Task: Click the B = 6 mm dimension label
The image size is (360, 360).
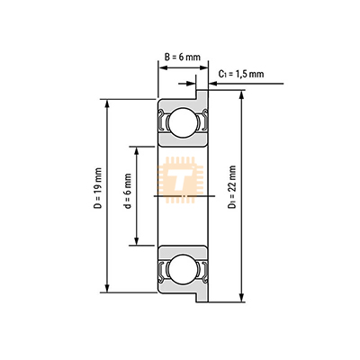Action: (182, 57)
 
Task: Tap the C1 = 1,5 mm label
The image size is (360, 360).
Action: (241, 74)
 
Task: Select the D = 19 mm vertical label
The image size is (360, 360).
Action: (98, 188)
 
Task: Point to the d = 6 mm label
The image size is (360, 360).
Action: (128, 191)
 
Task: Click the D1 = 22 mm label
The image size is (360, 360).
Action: (231, 187)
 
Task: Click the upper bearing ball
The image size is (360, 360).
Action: (184, 122)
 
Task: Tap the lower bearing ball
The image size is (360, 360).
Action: (184, 269)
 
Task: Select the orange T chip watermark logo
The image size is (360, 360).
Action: (180, 180)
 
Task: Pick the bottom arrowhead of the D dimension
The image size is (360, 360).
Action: (107, 288)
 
